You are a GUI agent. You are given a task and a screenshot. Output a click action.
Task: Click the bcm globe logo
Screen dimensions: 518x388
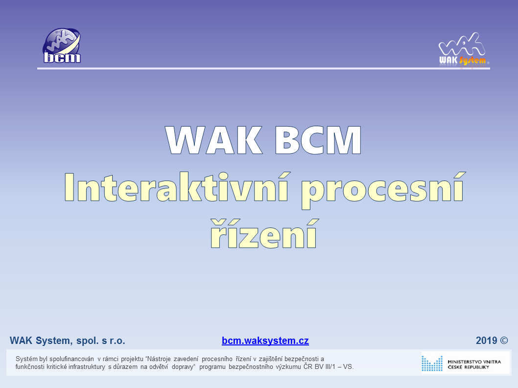(x=62, y=46)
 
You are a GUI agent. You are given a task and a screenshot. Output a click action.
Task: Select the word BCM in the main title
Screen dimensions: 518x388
(x=318, y=140)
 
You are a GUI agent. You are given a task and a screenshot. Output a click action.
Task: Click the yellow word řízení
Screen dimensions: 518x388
(x=264, y=233)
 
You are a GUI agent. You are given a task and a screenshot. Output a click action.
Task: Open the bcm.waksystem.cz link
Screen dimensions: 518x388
(x=265, y=341)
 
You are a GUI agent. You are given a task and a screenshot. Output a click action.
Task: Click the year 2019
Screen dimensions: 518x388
(x=486, y=341)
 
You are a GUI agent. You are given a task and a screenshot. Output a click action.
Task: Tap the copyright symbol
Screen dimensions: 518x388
(x=504, y=341)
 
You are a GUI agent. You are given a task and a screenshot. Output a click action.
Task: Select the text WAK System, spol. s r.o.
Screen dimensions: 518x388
(x=68, y=341)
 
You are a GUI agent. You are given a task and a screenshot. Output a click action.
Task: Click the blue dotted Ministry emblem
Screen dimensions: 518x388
(x=432, y=363)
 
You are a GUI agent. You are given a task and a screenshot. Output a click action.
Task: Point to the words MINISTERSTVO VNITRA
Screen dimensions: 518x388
(x=474, y=362)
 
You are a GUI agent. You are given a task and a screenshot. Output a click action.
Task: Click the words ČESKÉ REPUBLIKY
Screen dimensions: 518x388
(x=468, y=367)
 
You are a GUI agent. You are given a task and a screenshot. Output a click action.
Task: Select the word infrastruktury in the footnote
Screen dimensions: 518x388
(x=87, y=367)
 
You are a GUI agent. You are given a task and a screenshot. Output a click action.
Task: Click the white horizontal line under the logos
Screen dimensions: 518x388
(x=263, y=68)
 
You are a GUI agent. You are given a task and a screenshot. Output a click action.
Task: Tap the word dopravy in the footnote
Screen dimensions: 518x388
(x=183, y=367)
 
